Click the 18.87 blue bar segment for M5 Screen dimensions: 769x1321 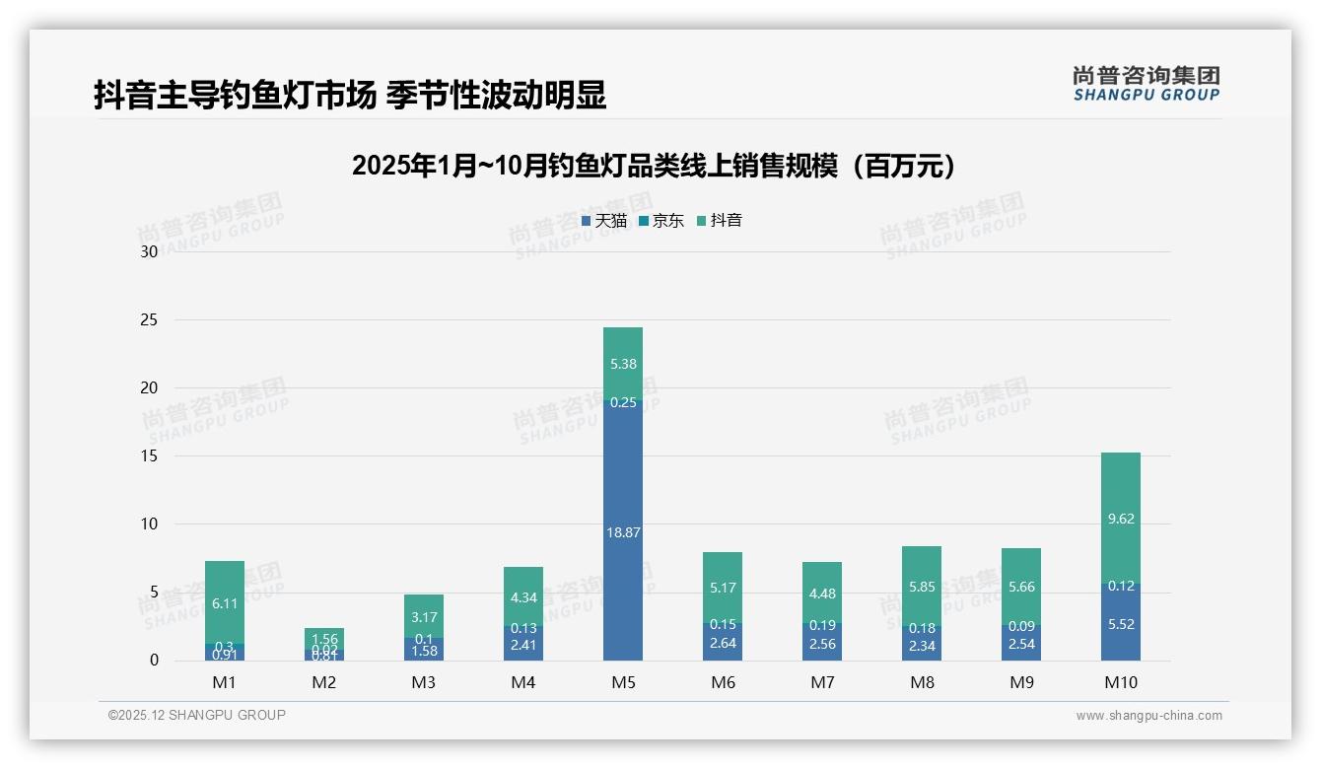point(622,531)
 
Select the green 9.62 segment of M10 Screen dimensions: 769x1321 point(1121,519)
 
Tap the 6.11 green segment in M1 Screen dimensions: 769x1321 point(225,602)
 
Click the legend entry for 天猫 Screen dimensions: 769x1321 point(604,221)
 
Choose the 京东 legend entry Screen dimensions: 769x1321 point(661,221)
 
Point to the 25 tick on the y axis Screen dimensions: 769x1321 point(149,320)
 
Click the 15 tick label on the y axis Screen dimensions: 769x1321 point(149,456)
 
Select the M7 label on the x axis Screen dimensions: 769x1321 point(822,683)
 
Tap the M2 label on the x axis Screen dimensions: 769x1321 point(324,683)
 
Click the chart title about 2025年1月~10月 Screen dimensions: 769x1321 point(654,166)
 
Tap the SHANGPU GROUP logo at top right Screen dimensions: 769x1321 point(1146,84)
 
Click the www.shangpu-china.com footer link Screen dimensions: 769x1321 point(1148,716)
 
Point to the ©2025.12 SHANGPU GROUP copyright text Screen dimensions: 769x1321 point(197,716)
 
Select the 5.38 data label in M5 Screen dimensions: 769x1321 point(623,364)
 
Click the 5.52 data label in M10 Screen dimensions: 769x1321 point(1121,624)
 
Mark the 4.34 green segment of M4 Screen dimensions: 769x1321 point(523,597)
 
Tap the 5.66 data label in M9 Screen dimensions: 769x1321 point(1021,587)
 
